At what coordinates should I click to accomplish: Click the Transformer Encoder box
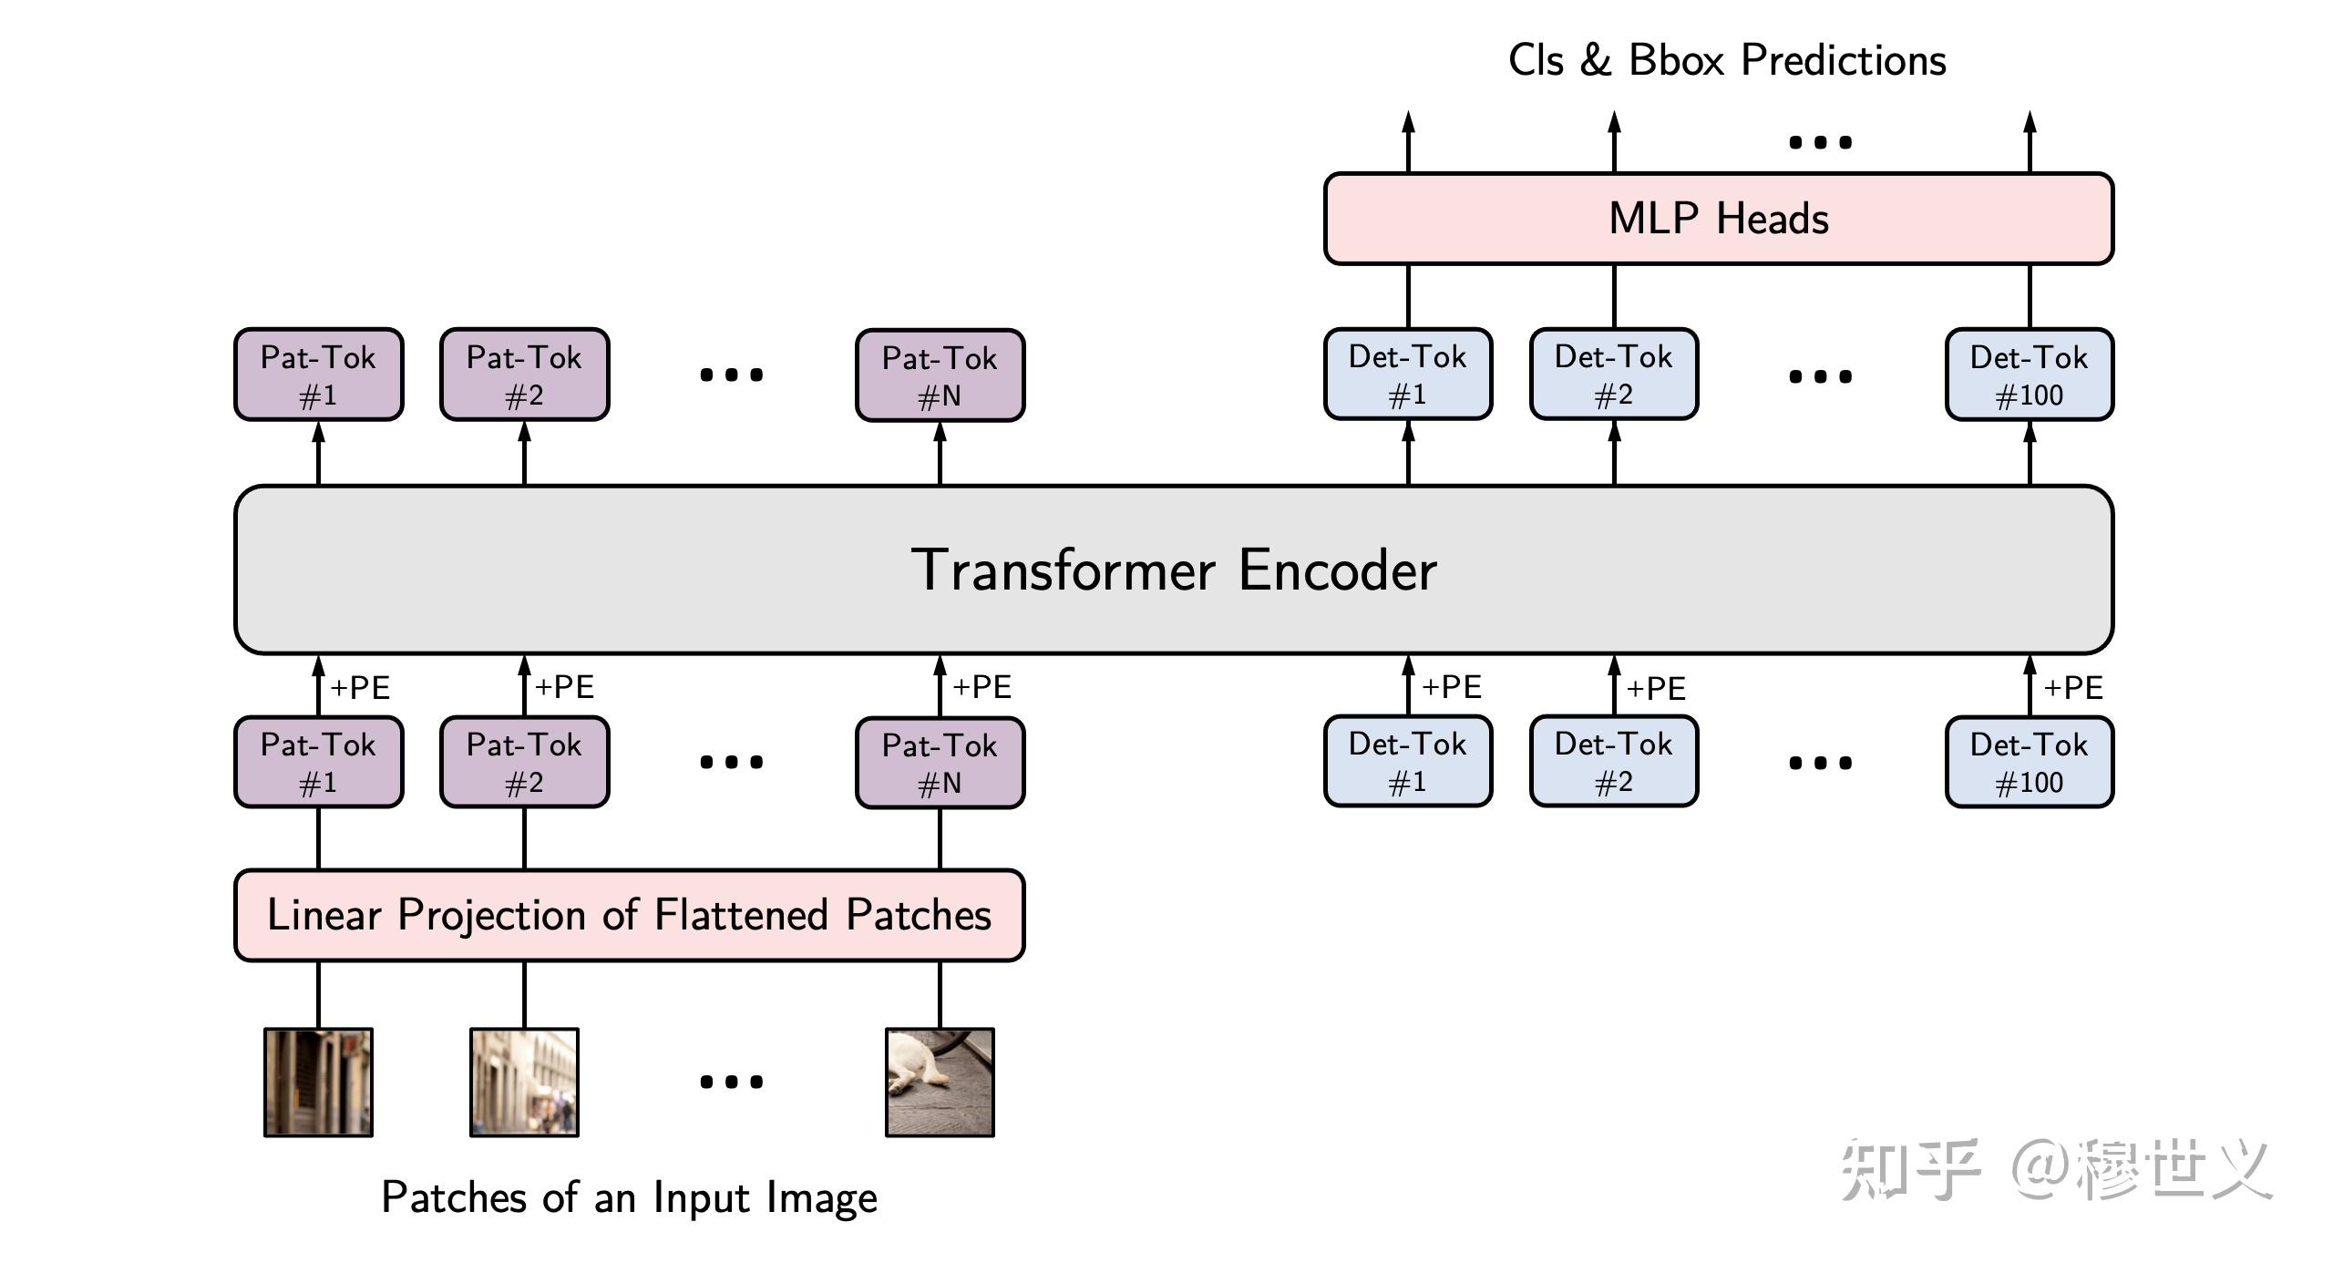pos(1174,570)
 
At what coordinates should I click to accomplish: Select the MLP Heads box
pos(1718,219)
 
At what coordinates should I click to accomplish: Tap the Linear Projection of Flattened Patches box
pos(629,915)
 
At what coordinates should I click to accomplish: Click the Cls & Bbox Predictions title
pos(1727,60)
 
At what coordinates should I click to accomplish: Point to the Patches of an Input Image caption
pos(629,1197)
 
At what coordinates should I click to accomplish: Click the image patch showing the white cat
pos(940,1082)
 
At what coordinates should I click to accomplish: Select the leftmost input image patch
pos(318,1082)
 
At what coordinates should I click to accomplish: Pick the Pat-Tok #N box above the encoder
pos(940,375)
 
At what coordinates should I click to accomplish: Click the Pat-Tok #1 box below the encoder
pos(318,763)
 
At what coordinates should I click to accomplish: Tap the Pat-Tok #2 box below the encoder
pos(524,763)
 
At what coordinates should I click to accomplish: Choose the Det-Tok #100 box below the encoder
pos(2029,763)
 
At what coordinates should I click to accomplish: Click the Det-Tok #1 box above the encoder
pos(1407,375)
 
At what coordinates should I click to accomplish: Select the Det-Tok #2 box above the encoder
pos(1613,375)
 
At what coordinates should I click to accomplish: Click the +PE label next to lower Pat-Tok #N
pos(982,687)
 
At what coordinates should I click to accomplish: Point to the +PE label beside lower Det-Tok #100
pos(2073,687)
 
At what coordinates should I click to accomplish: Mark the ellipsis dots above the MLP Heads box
pos(1820,142)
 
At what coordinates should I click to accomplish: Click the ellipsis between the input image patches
pos(731,1082)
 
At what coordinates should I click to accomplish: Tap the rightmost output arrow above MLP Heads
pos(2030,141)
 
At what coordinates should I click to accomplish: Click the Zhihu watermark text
pos(2055,1169)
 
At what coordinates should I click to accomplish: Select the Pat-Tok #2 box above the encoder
pos(524,375)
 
